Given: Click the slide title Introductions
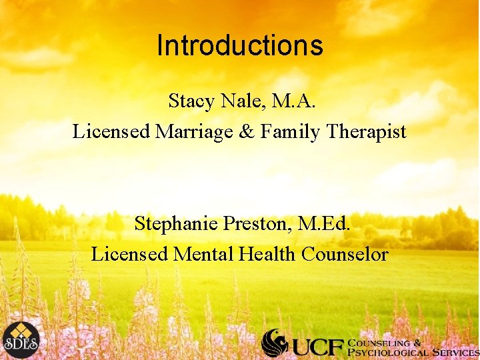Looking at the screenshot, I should click(240, 46).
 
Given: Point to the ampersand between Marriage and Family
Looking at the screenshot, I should click(246, 132).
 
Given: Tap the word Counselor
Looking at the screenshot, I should click(345, 254).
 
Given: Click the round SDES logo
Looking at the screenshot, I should click(20, 340).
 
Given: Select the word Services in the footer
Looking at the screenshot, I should click(454, 351).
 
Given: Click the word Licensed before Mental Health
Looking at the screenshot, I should click(130, 254).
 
